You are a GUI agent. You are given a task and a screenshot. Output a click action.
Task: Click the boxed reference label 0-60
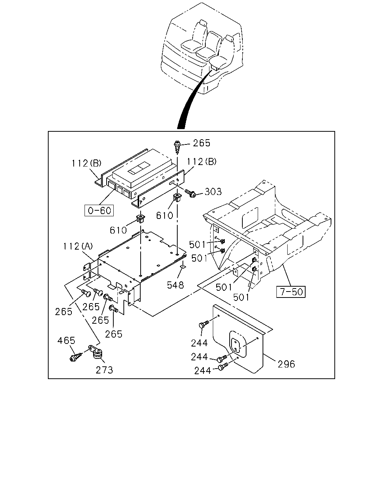pos(99,210)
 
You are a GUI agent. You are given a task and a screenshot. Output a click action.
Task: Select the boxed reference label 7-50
pos(291,292)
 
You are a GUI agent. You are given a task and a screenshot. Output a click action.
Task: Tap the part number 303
pos(213,192)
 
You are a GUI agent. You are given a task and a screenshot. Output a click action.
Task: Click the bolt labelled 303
pos(190,193)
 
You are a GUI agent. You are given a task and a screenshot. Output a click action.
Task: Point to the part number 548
pos(175,285)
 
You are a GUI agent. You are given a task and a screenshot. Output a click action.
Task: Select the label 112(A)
pos(78,246)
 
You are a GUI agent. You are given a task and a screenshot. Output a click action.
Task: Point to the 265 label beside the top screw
pos(202,143)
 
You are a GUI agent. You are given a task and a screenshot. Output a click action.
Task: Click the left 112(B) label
pos(86,164)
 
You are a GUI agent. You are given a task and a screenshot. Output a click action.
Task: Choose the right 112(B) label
pos(201,162)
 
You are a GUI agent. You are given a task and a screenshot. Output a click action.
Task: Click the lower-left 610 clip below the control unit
pos(140,219)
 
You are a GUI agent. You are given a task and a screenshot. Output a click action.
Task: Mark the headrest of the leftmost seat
pos(203,23)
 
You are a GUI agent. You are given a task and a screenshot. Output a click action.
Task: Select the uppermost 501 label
pos(197,245)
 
